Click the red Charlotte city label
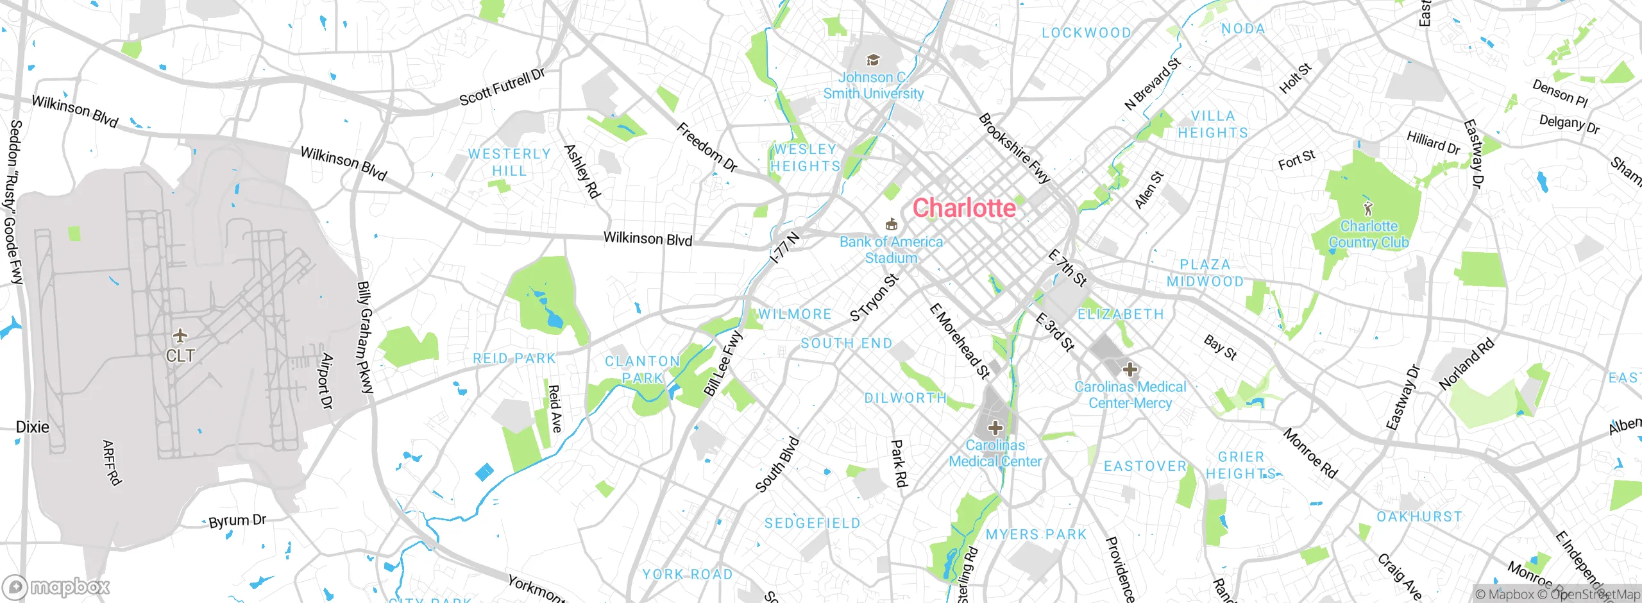pos(964,208)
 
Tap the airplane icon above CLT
pos(180,335)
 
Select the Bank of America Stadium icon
pos(890,225)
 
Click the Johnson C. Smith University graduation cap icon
pos(872,60)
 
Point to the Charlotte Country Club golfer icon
pos(1369,208)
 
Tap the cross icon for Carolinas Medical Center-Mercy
pos(1130,369)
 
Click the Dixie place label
pos(32,427)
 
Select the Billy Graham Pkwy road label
pos(365,337)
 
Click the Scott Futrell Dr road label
pos(502,87)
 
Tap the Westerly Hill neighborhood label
pos(509,162)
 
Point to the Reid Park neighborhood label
pos(514,359)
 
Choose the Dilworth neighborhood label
pos(905,398)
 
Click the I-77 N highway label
pos(785,248)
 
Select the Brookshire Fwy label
pos(1014,149)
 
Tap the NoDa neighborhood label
pos(1243,29)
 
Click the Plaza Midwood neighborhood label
pos(1205,273)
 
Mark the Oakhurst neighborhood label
pos(1419,516)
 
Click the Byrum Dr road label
pos(237,521)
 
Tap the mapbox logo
pos(56,586)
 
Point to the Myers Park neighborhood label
pos(1036,534)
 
